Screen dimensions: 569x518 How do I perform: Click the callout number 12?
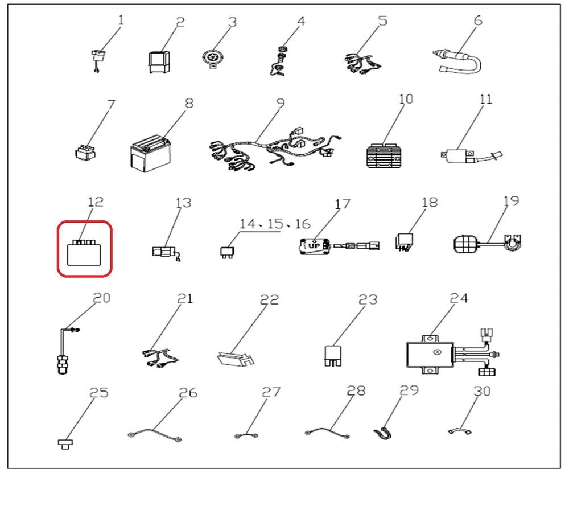click(96, 202)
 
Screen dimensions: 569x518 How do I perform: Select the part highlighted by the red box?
click(84, 252)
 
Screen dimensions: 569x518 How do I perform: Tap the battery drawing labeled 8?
click(150, 154)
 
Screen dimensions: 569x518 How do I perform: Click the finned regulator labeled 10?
click(385, 156)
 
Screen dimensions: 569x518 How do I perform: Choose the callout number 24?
click(459, 298)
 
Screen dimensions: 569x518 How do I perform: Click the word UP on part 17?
click(314, 246)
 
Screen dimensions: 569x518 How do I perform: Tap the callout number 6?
click(479, 20)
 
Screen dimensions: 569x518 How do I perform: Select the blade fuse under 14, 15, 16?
click(227, 252)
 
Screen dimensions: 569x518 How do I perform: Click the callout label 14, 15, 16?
click(275, 224)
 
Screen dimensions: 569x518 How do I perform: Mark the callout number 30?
click(483, 391)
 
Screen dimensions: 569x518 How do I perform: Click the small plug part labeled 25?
click(65, 444)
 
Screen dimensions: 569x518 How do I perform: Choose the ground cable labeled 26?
click(155, 435)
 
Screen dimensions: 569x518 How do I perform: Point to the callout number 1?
click(121, 20)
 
